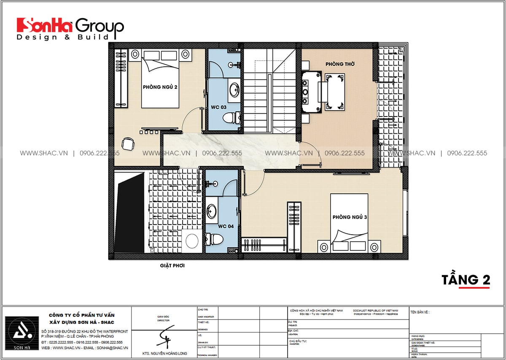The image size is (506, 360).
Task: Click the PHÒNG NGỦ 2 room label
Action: (160, 87)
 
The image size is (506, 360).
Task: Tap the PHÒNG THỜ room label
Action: (340, 64)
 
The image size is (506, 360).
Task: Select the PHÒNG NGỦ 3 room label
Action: (350, 217)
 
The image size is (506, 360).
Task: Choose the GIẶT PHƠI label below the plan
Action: (172, 266)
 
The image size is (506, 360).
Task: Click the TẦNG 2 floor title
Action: (466, 280)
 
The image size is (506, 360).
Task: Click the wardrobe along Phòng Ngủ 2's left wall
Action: (121, 78)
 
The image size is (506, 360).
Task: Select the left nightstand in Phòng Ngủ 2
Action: (135, 54)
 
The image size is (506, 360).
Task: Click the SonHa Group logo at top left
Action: (70, 29)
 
